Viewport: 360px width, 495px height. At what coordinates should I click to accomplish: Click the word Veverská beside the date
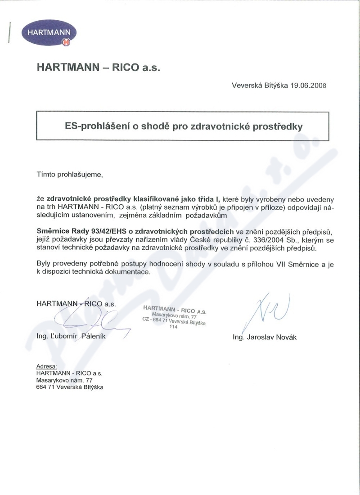[x=247, y=85]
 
